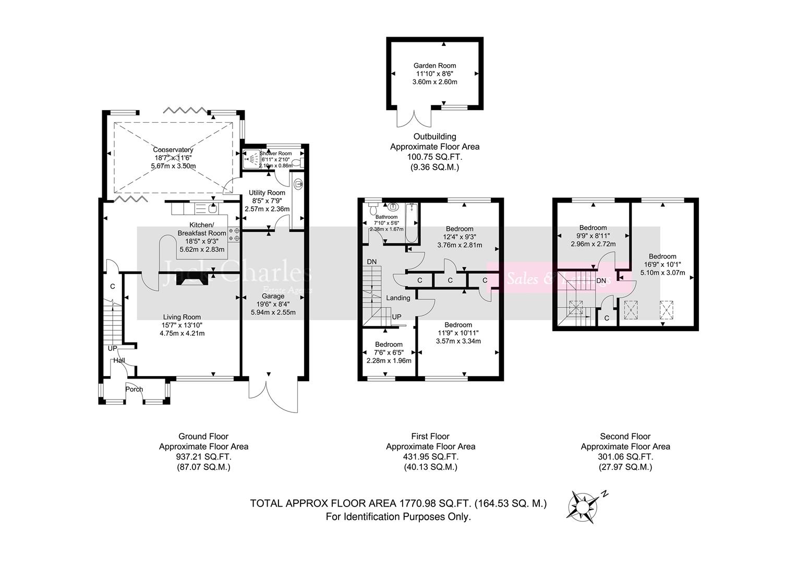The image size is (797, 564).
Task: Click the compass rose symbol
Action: coord(582,505)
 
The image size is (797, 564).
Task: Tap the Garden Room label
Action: coord(434,66)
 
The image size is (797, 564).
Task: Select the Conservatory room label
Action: coord(173,150)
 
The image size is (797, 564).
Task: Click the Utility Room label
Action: coord(267,193)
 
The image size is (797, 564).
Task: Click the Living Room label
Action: coord(182,317)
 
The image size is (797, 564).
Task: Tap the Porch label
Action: coord(134,389)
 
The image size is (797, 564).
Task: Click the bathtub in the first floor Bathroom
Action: coord(412,224)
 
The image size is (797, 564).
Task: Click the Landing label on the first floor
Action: coord(398,298)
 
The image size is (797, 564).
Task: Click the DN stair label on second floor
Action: coord(601,280)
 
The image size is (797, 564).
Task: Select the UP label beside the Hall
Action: coord(113,348)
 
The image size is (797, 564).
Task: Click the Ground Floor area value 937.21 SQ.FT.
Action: coord(203,457)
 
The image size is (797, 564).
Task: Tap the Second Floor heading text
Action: coord(625,437)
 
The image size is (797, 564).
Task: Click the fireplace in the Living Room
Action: coord(192,280)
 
